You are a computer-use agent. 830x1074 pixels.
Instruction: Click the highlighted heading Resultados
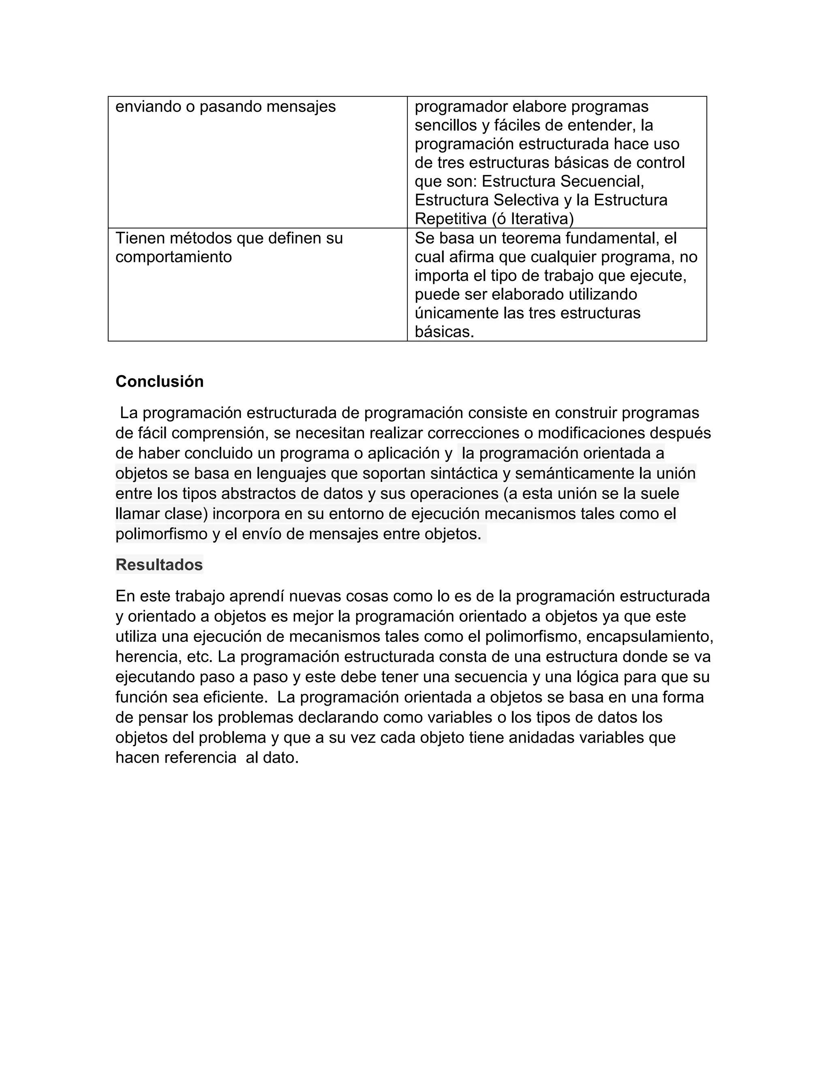[x=159, y=565]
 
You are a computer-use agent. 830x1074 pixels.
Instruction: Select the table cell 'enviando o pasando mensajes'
[x=225, y=107]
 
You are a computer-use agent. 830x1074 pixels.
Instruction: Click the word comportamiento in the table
[x=173, y=257]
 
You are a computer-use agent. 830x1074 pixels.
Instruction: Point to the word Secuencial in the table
[x=602, y=182]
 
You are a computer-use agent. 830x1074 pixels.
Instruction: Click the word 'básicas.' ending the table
[x=445, y=332]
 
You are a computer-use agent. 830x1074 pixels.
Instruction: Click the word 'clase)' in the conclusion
[x=186, y=514]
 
